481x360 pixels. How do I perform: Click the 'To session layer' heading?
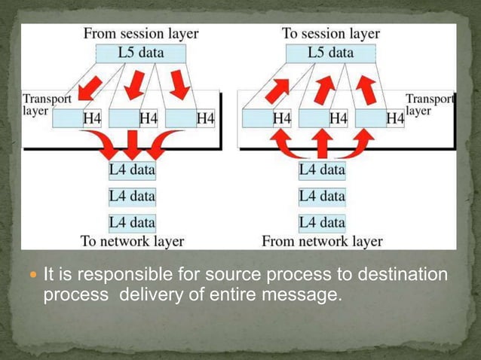tap(330, 34)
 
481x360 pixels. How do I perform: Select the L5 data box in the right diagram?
tap(330, 53)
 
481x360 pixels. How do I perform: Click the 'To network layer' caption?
tap(132, 242)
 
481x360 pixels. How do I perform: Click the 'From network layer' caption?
tap(322, 242)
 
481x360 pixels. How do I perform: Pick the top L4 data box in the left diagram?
tap(132, 170)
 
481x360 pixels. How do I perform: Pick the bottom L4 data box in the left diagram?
tap(132, 222)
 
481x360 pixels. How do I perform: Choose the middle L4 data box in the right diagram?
tap(322, 197)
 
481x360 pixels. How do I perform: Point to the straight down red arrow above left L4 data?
tap(132, 144)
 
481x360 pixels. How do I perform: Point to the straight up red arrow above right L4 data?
tap(322, 144)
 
